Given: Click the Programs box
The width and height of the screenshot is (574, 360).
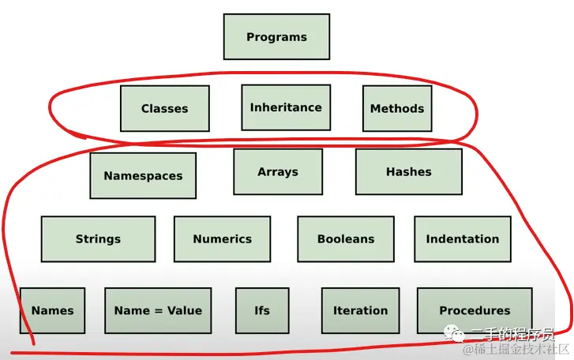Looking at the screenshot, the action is pyautogui.click(x=276, y=37).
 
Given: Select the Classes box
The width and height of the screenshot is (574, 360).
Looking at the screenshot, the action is pyautogui.click(x=164, y=108).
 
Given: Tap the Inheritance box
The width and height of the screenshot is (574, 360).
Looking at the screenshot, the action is pyautogui.click(x=285, y=107).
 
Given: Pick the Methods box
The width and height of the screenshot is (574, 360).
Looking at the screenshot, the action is pyautogui.click(x=397, y=108).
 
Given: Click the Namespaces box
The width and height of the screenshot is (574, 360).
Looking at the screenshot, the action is pyautogui.click(x=143, y=176).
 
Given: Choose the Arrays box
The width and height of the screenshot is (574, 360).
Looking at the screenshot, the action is pyautogui.click(x=277, y=171).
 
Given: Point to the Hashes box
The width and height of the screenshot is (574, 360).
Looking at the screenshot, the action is pyautogui.click(x=408, y=171).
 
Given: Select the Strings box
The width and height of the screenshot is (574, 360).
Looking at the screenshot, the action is pyautogui.click(x=98, y=239).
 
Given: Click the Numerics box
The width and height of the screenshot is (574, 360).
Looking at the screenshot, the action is pyautogui.click(x=222, y=239).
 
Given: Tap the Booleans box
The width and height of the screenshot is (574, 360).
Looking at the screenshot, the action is pyautogui.click(x=346, y=239).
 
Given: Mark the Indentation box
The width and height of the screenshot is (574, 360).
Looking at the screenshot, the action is pyautogui.click(x=462, y=239).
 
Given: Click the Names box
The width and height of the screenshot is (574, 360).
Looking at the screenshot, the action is pyautogui.click(x=52, y=310).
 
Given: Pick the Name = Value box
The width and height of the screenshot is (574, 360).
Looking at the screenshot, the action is pyautogui.click(x=158, y=310).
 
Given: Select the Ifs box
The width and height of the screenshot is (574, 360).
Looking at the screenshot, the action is pyautogui.click(x=262, y=310).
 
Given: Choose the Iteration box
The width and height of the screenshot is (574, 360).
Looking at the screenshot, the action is pyautogui.click(x=360, y=310).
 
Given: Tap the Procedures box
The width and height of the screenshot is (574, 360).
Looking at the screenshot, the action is pyautogui.click(x=475, y=310).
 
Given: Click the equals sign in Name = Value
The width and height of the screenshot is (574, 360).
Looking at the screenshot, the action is pyautogui.click(x=158, y=311).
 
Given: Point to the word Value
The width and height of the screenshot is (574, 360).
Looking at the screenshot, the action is pyautogui.click(x=185, y=310).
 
